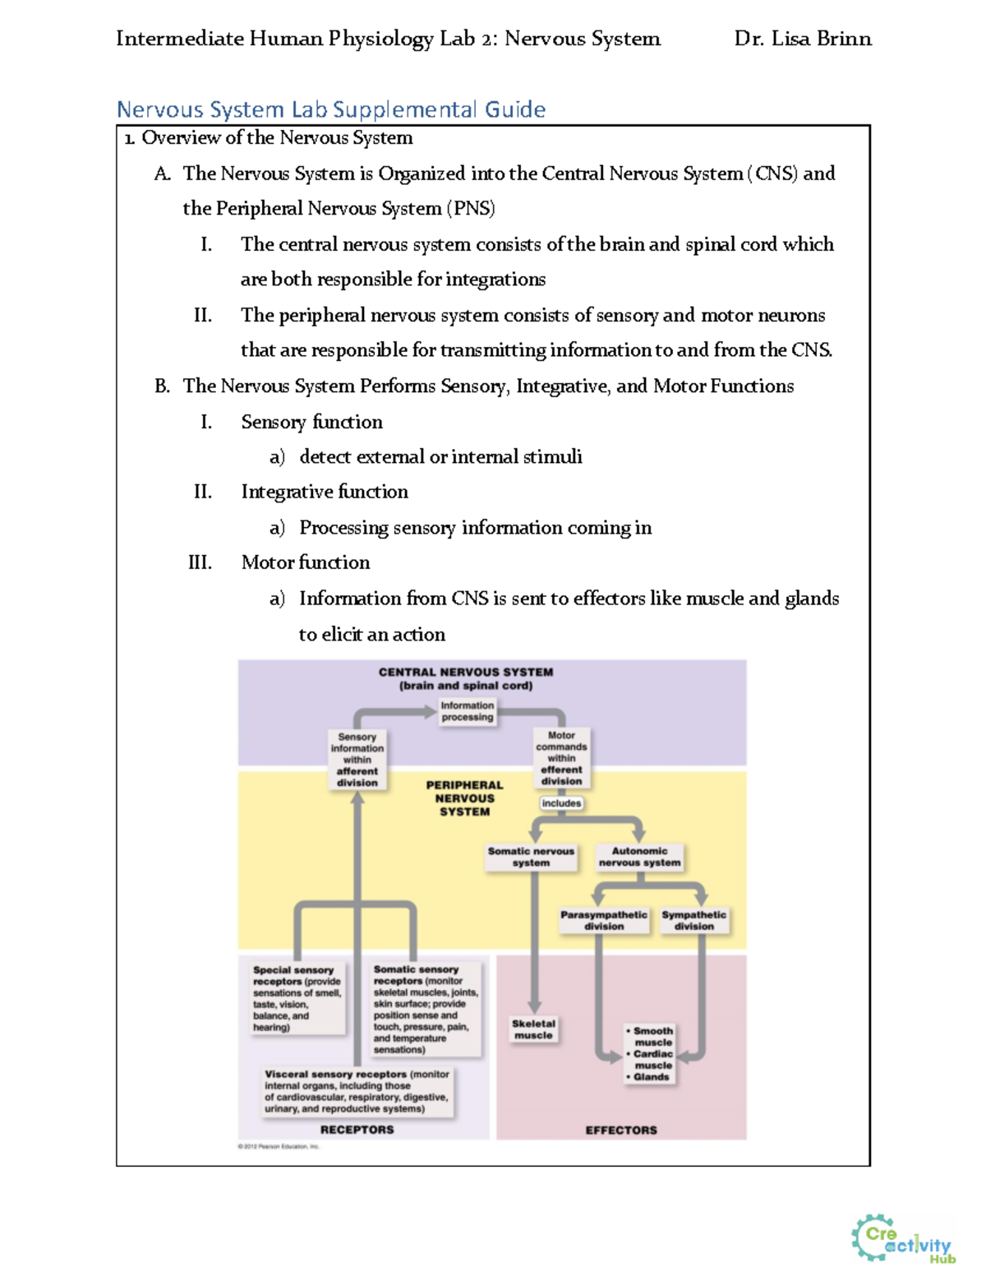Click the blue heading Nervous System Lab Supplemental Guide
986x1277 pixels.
pyautogui.click(x=330, y=109)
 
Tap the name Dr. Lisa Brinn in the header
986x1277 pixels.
pyautogui.click(x=802, y=39)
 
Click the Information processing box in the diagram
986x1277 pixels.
pyautogui.click(x=467, y=711)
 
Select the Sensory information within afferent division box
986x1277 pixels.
pyautogui.click(x=357, y=760)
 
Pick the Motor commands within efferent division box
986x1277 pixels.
pyautogui.click(x=561, y=758)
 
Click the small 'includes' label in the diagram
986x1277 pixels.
pyautogui.click(x=561, y=803)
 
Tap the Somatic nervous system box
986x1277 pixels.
pyautogui.click(x=531, y=857)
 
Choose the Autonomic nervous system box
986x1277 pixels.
pyautogui.click(x=639, y=857)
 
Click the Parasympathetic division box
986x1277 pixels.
pyautogui.click(x=604, y=920)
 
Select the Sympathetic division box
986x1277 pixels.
pyautogui.click(x=694, y=920)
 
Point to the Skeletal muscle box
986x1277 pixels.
pyautogui.click(x=533, y=1029)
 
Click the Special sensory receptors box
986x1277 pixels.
pyautogui.click(x=297, y=998)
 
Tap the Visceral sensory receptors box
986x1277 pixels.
pyautogui.click(x=357, y=1091)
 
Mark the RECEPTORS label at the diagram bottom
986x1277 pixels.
pyautogui.click(x=357, y=1130)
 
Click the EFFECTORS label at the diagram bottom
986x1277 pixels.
pyautogui.click(x=621, y=1131)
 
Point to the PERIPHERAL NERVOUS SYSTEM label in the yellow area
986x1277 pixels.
pyautogui.click(x=464, y=798)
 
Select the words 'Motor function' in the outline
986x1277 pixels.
pyautogui.click(x=305, y=562)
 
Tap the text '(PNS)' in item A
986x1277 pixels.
pyautogui.click(x=471, y=209)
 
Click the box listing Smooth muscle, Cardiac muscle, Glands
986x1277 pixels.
pyautogui.click(x=652, y=1053)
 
